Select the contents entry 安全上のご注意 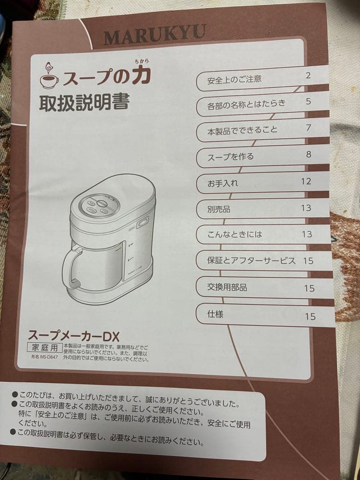pyautogui.click(x=234, y=80)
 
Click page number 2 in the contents pyautogui.click(x=308, y=75)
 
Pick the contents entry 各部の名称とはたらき pyautogui.click(x=246, y=106)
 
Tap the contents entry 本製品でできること pyautogui.click(x=242, y=131)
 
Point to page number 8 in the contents pyautogui.click(x=308, y=155)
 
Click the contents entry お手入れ pyautogui.click(x=223, y=183)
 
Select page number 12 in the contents pyautogui.click(x=306, y=181)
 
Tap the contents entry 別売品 pyautogui.click(x=219, y=209)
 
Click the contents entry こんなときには pyautogui.click(x=235, y=235)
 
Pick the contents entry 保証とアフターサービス pyautogui.click(x=251, y=261)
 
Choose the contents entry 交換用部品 pyautogui.click(x=227, y=288)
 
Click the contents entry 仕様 pyautogui.click(x=215, y=314)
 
